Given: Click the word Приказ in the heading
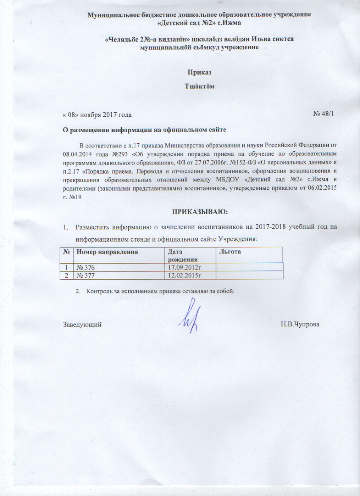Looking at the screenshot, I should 199,72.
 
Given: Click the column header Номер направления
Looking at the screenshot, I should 107,252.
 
